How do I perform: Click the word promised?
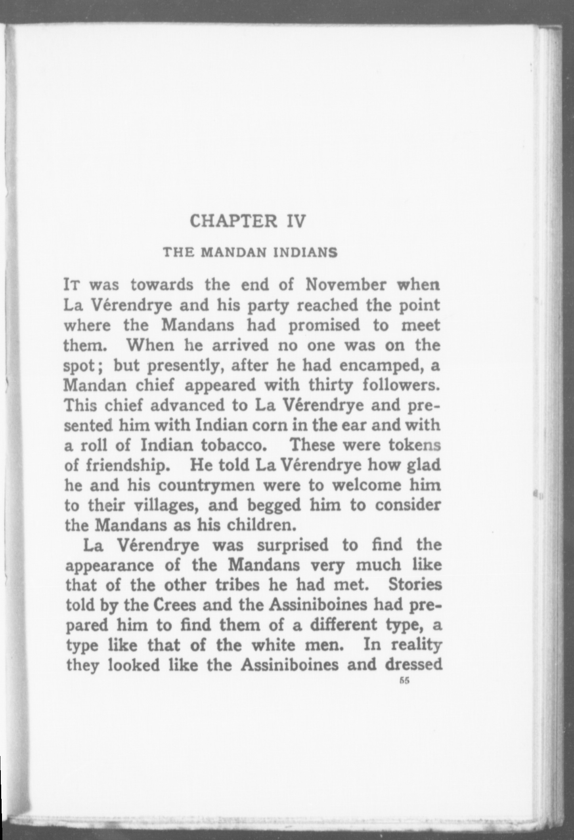pos(324,326)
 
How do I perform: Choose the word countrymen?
pos(208,485)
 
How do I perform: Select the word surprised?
pos(293,546)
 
